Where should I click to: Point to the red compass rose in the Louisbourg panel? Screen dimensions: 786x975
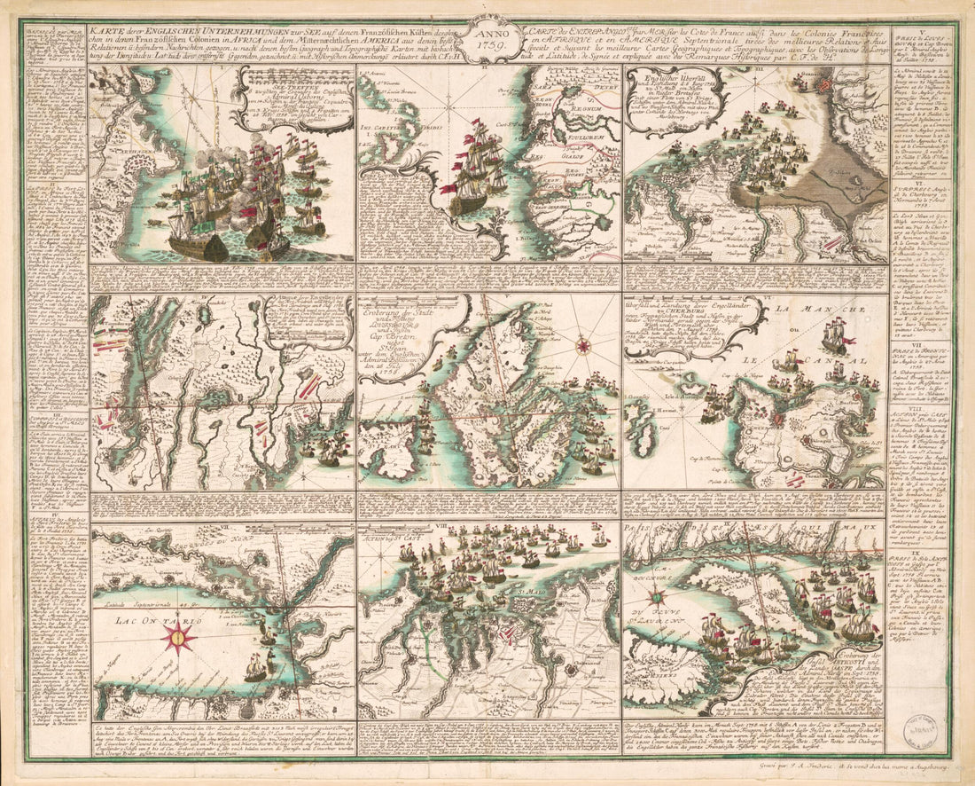(x=583, y=345)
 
